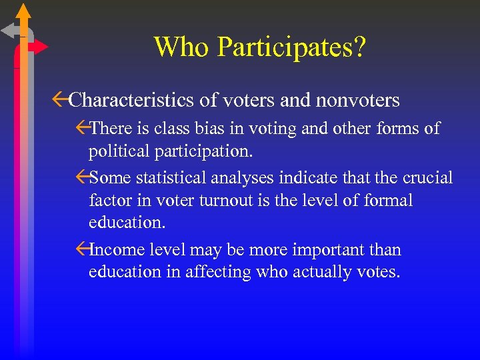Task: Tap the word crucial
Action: pos(423,177)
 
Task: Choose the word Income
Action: pos(115,250)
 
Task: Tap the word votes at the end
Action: pos(379,273)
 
